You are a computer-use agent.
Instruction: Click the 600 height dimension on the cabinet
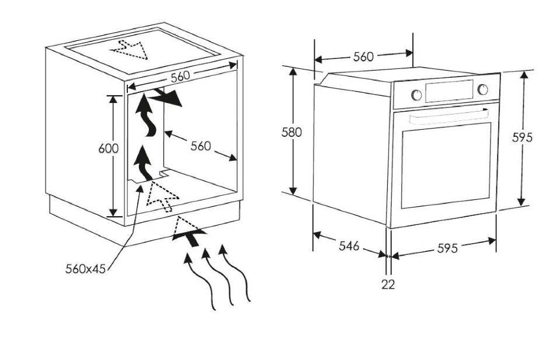click(x=108, y=148)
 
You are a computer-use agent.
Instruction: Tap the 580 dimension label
click(x=291, y=132)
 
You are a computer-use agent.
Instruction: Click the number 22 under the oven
click(x=388, y=285)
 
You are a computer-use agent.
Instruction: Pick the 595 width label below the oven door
click(x=447, y=248)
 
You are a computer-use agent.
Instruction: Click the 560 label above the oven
click(x=363, y=57)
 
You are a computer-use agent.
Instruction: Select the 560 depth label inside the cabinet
click(x=201, y=146)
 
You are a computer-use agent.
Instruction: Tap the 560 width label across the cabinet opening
click(x=181, y=77)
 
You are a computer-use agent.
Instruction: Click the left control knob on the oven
click(x=415, y=94)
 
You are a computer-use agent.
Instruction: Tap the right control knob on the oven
click(x=482, y=89)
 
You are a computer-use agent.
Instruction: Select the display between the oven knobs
click(x=448, y=91)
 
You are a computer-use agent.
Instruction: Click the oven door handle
click(x=448, y=116)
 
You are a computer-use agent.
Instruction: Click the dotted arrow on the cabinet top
click(x=131, y=49)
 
